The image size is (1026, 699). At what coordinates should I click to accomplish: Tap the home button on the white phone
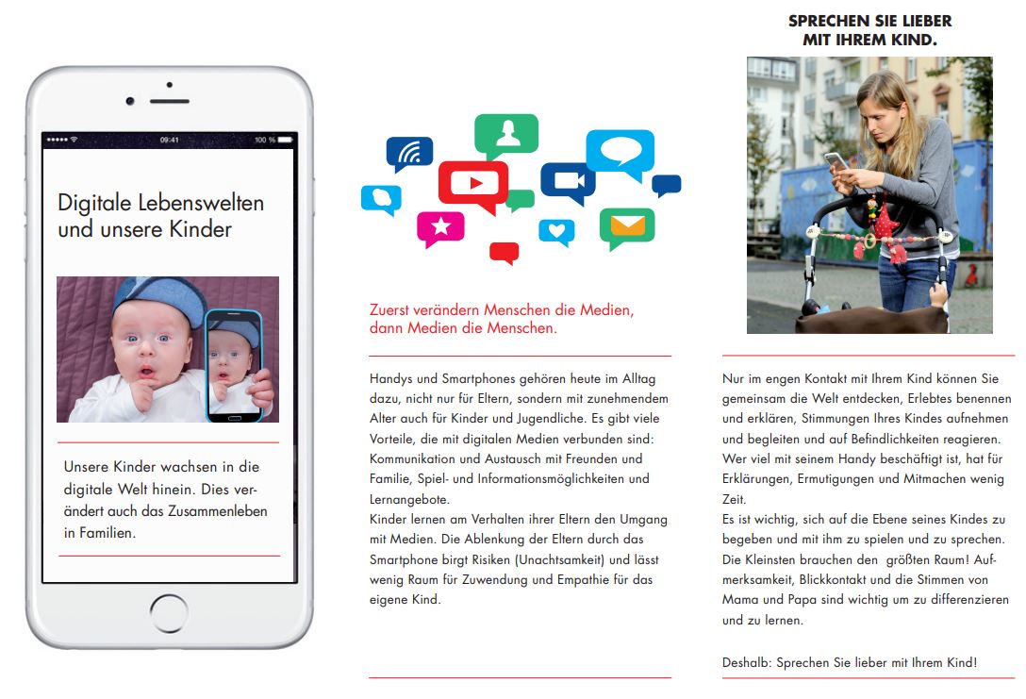click(169, 613)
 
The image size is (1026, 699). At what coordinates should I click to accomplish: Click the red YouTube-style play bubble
click(472, 182)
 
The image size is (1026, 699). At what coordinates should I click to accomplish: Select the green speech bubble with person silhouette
click(506, 134)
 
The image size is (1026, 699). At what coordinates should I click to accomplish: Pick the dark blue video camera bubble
click(568, 180)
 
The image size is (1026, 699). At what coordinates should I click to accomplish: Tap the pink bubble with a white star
click(440, 227)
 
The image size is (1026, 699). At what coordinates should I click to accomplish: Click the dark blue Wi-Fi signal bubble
click(409, 152)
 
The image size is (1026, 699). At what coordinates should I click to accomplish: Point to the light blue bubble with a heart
click(556, 230)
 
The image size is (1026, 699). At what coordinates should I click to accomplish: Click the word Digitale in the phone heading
click(91, 203)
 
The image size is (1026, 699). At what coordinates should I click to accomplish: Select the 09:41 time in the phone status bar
click(169, 141)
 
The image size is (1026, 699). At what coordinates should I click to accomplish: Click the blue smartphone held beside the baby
click(233, 364)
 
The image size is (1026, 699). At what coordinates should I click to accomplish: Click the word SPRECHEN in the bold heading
click(826, 21)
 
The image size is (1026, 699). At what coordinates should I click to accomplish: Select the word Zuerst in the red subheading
click(390, 310)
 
